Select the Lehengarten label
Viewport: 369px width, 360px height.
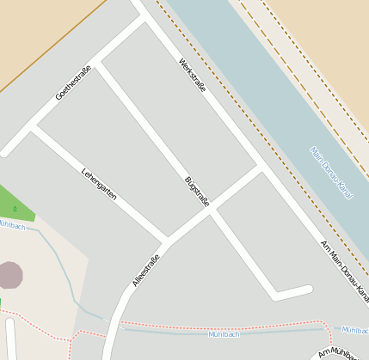[99, 182]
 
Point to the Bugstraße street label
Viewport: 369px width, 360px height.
[197, 192]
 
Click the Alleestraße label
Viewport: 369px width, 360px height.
[146, 270]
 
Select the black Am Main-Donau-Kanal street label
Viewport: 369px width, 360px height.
[344, 272]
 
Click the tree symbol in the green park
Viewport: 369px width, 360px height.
[15, 209]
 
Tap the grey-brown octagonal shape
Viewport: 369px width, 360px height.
[9, 275]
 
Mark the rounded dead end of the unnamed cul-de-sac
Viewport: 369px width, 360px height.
[306, 291]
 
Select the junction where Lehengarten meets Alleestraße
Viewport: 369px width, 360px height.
[167, 241]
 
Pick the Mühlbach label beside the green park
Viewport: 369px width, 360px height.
[12, 224]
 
